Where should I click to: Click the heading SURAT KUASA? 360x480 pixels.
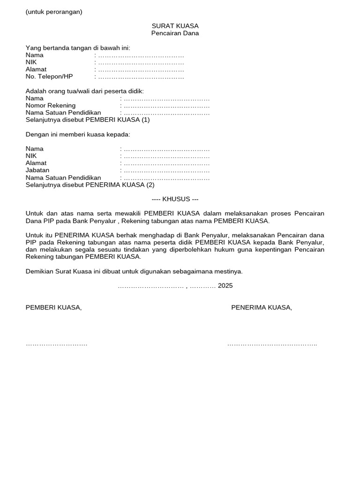tap(175, 26)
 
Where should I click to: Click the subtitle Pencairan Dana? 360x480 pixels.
tap(175, 33)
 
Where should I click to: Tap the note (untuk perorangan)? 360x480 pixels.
tap(54, 12)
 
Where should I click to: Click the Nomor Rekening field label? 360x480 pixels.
tap(51, 105)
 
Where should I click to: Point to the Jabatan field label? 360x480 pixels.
tap(37, 170)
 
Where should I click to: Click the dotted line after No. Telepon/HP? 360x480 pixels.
tap(141, 77)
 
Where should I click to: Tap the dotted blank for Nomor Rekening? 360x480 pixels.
tap(166, 106)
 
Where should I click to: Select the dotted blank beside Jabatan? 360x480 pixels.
tap(166, 171)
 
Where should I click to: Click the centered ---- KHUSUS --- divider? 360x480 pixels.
tap(175, 199)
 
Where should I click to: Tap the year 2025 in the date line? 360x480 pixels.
tap(225, 285)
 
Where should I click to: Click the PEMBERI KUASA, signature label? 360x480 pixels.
tap(53, 307)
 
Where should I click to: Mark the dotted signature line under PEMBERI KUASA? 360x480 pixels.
tap(56, 345)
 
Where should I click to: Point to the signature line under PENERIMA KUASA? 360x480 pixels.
tap(272, 345)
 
